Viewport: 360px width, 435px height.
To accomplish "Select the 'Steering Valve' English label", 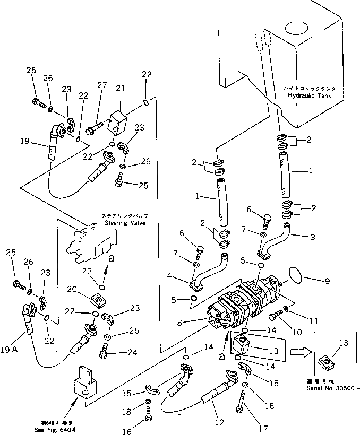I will coord(126,224).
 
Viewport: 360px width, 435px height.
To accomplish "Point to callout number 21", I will coord(121,88).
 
